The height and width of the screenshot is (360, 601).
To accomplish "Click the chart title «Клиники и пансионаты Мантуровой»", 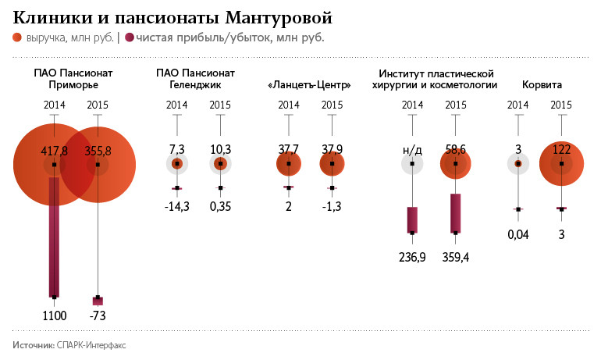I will pos(173,16).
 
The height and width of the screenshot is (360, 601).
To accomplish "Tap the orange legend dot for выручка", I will pos(17,37).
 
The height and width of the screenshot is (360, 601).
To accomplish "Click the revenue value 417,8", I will pos(54,150).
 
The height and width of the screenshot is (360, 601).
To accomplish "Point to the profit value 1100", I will pos(54,315).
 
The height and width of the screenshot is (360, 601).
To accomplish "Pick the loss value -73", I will pos(98,315).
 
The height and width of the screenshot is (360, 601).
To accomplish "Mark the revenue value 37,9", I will pos(333,149).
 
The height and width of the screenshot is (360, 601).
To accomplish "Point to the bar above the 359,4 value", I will pos(456,213).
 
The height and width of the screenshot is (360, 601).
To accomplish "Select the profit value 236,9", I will pos(411,257).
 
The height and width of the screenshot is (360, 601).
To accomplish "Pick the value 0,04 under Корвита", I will pos(517,233).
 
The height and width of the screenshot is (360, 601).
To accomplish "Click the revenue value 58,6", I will pos(456,149).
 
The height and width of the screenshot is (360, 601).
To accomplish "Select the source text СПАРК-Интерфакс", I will pos(92,344).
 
